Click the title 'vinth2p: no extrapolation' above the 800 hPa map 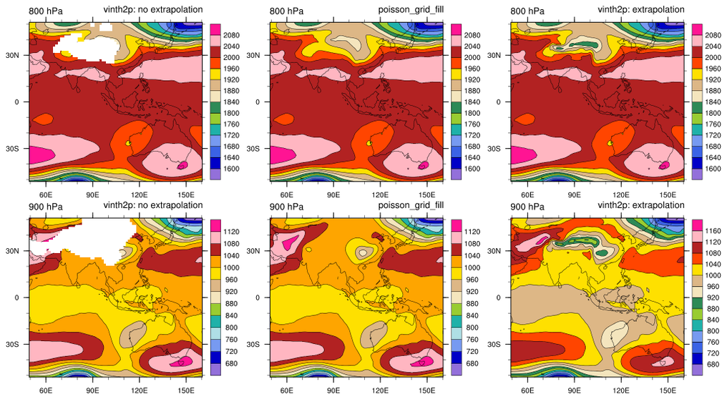[x=152, y=10]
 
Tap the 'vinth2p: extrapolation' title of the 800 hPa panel [x=641, y=10]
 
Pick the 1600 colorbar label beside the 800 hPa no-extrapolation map [x=233, y=169]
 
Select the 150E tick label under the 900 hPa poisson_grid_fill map [x=427, y=390]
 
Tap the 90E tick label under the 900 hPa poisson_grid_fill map [x=333, y=390]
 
